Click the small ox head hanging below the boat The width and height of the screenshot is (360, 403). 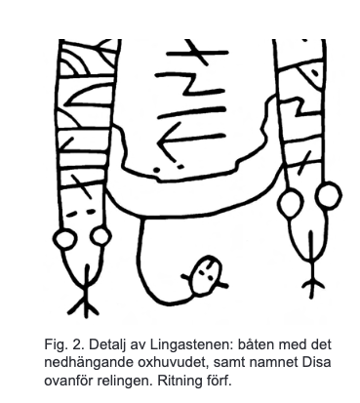tap(206, 274)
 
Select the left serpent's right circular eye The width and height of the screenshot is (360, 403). tap(100, 237)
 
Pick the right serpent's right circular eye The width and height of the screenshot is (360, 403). tap(329, 195)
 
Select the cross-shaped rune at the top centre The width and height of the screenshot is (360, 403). tap(197, 54)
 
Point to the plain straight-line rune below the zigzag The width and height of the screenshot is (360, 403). tap(191, 111)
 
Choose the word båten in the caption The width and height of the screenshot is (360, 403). tap(256, 344)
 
